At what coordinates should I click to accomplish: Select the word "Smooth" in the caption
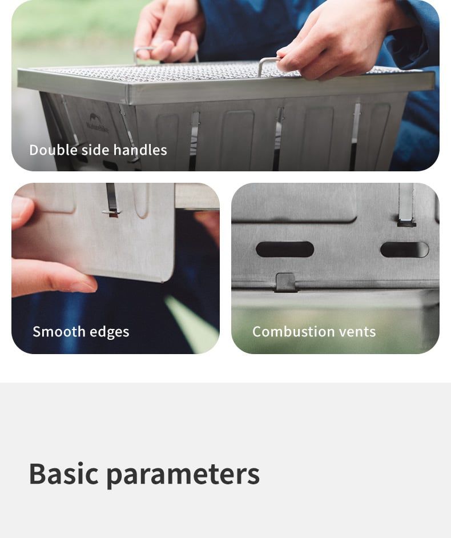coord(59,331)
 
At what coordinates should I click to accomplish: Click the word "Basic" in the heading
coord(64,474)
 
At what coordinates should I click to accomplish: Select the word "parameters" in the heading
coord(183,476)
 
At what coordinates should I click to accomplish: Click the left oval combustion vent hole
coord(285,250)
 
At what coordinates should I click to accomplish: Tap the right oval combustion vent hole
coord(404,250)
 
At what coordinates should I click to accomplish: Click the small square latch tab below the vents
coord(285,282)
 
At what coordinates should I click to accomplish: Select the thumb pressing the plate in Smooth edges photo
coord(23,210)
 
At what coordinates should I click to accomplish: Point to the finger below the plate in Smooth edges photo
coord(51,279)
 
